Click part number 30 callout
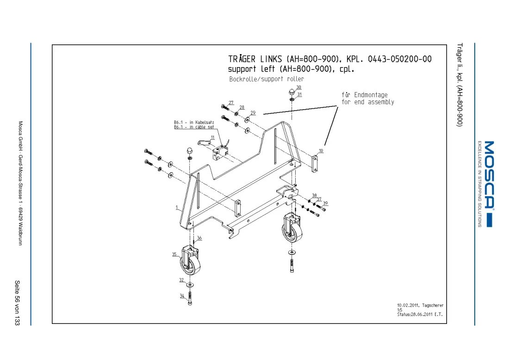298,87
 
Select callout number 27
231,103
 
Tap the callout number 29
253,112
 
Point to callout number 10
321,151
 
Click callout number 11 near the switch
213,137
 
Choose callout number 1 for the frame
177,207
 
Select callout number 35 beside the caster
174,254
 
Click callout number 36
199,238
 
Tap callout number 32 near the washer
181,280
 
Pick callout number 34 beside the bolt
182,296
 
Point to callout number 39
325,203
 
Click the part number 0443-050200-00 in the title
400,59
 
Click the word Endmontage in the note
371,95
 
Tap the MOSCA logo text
489,174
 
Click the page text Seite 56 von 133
17,303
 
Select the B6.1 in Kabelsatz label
194,122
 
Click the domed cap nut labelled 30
292,92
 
